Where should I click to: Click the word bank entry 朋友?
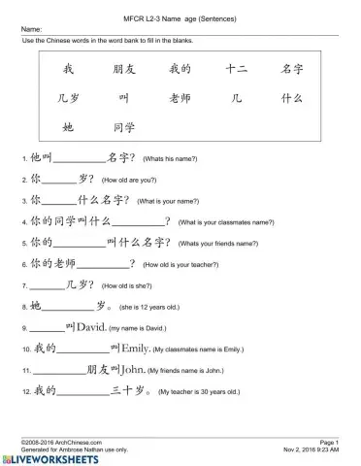(x=124, y=70)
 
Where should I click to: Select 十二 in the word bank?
(x=236, y=70)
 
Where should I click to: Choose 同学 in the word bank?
(x=124, y=127)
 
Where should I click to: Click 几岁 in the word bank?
(x=68, y=98)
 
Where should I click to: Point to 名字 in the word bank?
(x=292, y=70)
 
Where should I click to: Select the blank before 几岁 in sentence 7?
(x=48, y=287)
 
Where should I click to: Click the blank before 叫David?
(x=48, y=330)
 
